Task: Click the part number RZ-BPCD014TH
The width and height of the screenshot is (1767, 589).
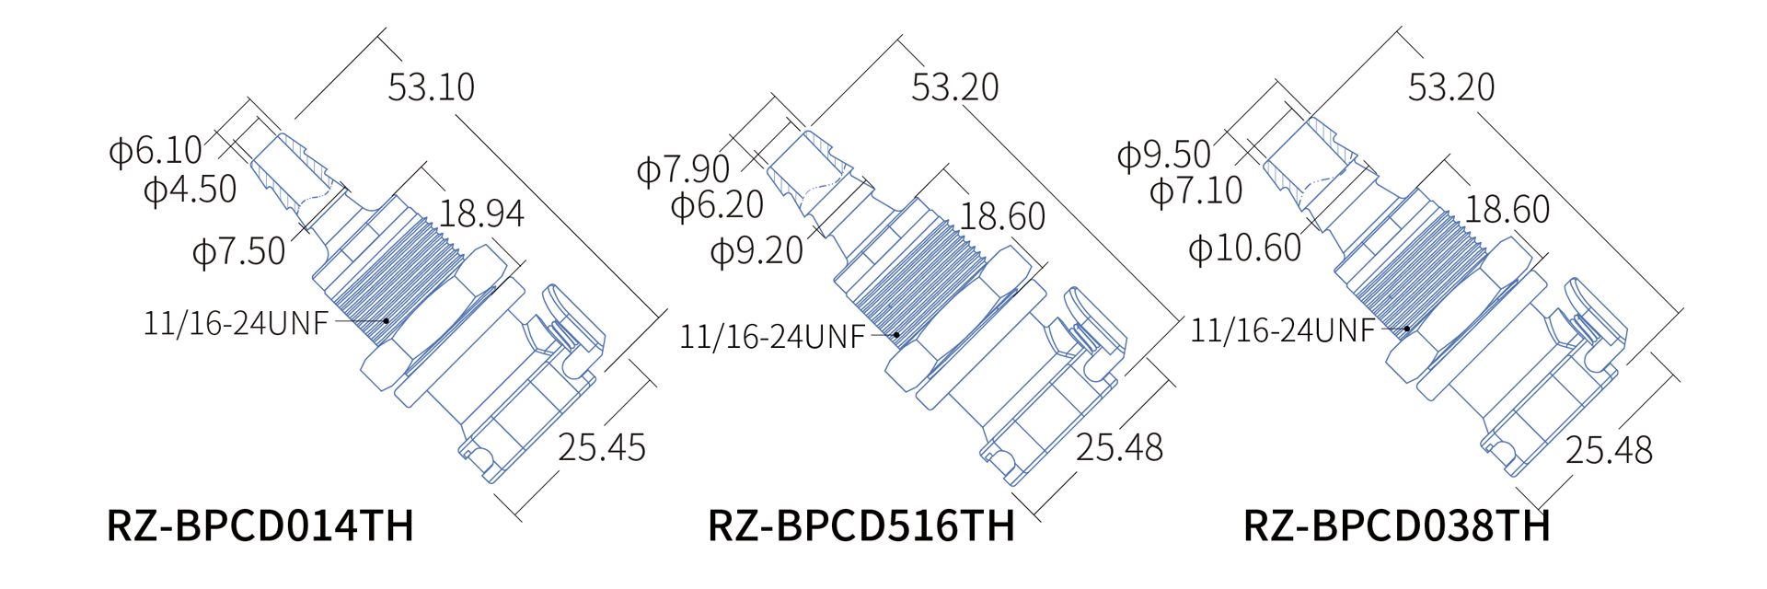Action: click(260, 526)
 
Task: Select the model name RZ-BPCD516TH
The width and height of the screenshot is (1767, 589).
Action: click(860, 526)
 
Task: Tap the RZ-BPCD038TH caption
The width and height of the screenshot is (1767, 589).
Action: click(1396, 526)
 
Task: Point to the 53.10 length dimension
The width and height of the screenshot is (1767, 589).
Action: click(431, 88)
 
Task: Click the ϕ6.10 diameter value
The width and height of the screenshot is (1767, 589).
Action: click(156, 151)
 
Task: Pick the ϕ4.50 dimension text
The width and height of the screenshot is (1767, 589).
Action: click(191, 191)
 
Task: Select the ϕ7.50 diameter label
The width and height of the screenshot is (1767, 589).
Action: click(239, 252)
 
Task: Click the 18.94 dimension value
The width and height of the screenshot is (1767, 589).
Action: click(481, 214)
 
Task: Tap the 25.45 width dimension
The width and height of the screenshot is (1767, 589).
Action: click(602, 448)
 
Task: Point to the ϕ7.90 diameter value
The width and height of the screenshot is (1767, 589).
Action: click(684, 170)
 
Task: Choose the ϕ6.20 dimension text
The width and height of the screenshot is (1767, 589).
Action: click(718, 205)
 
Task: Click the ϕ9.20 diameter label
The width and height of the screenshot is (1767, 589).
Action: click(757, 251)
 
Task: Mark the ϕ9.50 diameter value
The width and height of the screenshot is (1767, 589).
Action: click(1164, 155)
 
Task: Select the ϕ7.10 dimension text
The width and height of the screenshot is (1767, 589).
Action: click(1196, 191)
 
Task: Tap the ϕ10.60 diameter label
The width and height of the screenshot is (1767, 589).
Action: click(1245, 248)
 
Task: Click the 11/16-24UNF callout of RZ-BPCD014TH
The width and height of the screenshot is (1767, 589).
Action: click(236, 324)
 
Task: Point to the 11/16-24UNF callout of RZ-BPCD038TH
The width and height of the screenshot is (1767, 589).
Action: click(1283, 330)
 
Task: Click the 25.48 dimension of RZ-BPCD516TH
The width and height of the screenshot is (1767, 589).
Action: click(1119, 448)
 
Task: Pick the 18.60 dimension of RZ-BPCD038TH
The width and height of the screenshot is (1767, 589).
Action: click(1507, 211)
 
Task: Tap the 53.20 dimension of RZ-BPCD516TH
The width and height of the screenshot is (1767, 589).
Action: click(954, 88)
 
